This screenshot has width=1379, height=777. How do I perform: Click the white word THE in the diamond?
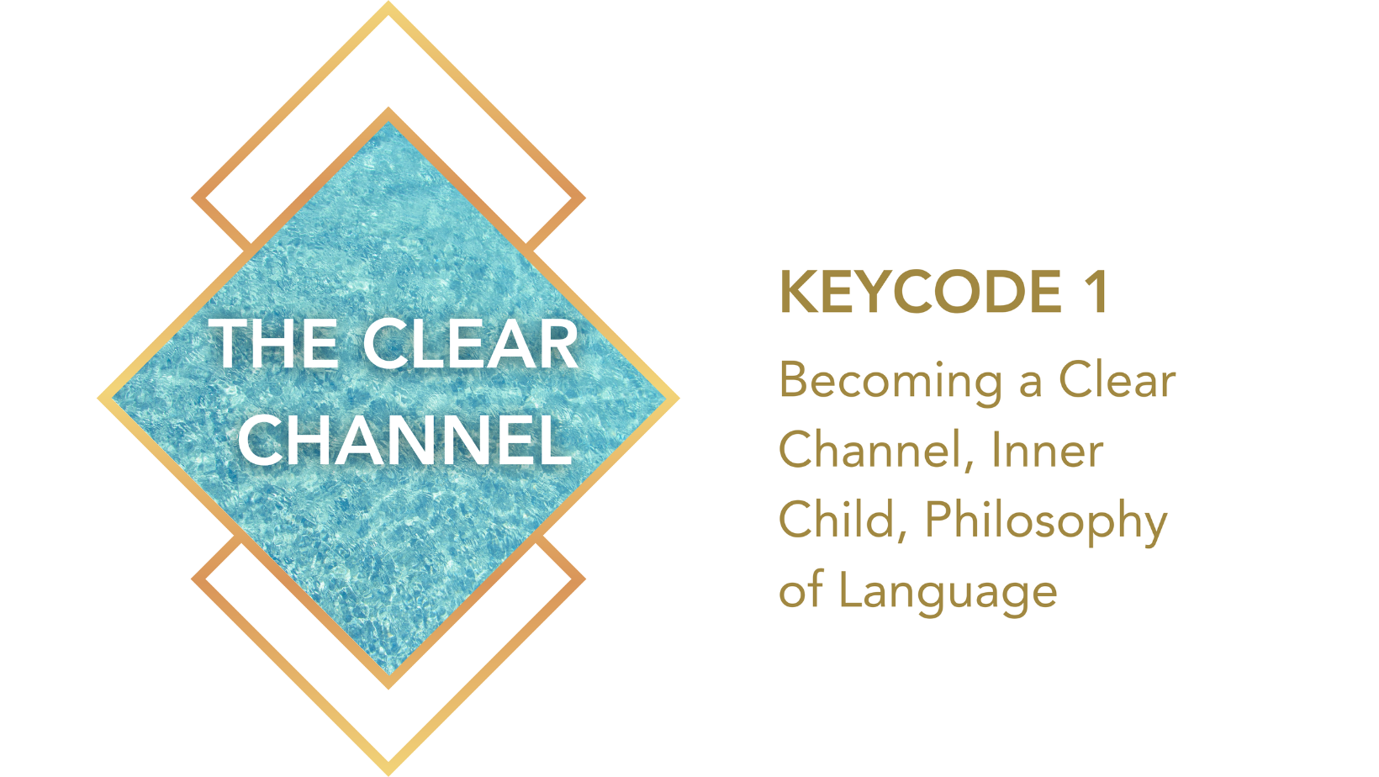[274, 344]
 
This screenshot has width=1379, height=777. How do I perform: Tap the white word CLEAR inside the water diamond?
[471, 344]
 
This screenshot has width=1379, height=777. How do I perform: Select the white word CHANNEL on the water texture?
[404, 440]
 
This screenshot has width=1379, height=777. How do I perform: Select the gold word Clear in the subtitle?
[1117, 380]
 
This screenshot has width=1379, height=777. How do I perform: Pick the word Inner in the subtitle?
[1048, 449]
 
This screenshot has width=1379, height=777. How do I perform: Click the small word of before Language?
[801, 589]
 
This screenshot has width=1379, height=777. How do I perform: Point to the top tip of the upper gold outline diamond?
[388, 2]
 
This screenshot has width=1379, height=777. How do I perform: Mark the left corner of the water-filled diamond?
[98, 399]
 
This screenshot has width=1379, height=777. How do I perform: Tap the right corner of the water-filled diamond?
[679, 399]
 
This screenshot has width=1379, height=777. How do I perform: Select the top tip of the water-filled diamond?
[388, 108]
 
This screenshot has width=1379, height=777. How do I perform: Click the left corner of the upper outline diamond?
[192, 198]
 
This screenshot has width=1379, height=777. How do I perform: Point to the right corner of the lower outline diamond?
[585, 579]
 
